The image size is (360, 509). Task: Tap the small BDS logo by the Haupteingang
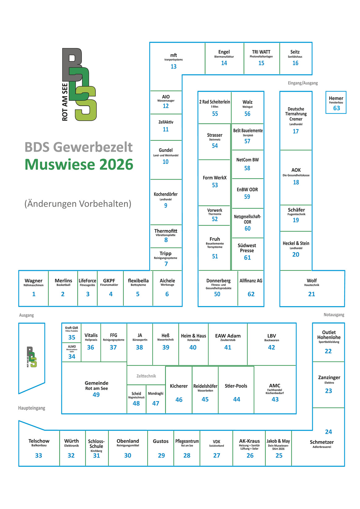coord(32,357)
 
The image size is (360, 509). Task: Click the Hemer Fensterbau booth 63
coord(336,102)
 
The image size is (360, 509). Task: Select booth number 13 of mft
coord(174,67)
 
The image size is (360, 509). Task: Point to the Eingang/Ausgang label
coord(303,83)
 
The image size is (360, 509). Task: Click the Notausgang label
coord(334,315)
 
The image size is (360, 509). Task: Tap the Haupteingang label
coord(32,408)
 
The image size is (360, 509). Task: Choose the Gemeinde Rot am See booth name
coord(96,386)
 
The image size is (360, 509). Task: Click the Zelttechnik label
coord(146,376)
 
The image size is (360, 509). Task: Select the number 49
coord(96,395)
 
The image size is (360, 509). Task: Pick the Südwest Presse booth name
coord(247,248)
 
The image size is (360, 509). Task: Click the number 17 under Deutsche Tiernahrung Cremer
coord(296,131)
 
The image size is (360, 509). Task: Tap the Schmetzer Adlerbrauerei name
coord(322,444)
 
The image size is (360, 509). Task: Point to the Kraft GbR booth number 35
coord(72,337)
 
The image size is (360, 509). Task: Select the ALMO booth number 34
coord(72,356)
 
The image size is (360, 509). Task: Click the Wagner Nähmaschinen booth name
coord(33,283)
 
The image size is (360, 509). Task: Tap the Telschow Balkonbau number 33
coord(38,456)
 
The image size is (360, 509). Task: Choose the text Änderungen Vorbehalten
coord(78,203)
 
